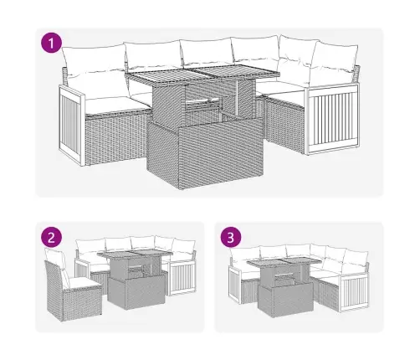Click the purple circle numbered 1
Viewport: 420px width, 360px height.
(x=51, y=44)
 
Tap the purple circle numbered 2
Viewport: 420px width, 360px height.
(x=51, y=237)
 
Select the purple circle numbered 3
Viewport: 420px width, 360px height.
(x=231, y=238)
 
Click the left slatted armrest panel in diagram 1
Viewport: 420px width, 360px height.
(x=71, y=126)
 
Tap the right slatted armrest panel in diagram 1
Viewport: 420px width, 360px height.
(x=332, y=119)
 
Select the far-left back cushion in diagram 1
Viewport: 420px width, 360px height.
(x=94, y=60)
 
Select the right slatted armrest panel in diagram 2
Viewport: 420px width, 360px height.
(x=182, y=279)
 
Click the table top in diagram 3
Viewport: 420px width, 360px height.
(x=284, y=262)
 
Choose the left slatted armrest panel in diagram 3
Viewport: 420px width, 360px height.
(x=235, y=285)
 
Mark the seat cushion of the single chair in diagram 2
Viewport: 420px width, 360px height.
(x=82, y=284)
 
